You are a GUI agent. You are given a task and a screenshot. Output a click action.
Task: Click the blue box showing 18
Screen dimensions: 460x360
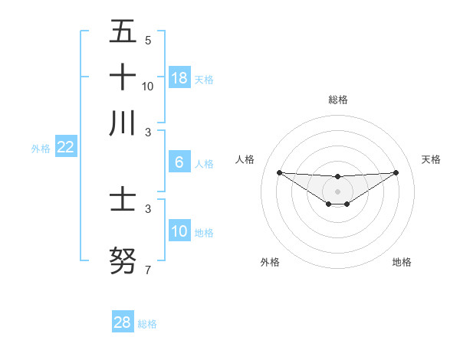tap(179, 77)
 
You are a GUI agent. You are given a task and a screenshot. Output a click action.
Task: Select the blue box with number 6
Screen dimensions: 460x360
tap(179, 162)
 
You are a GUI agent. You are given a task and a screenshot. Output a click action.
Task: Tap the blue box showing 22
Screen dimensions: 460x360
tap(65, 147)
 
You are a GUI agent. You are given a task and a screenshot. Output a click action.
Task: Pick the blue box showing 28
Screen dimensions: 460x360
tap(123, 322)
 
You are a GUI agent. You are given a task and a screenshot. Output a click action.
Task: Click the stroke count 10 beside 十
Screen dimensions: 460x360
tap(147, 86)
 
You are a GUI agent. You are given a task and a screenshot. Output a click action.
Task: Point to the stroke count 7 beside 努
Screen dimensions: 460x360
tap(147, 270)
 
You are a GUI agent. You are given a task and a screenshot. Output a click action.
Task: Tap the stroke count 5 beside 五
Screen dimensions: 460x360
tap(147, 40)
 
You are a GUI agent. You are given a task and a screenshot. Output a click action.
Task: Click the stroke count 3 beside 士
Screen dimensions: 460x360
tap(147, 208)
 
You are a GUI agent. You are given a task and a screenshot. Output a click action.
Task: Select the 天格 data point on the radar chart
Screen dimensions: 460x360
tap(396, 172)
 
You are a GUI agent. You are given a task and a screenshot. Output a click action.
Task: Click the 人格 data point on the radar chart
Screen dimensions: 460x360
tap(279, 172)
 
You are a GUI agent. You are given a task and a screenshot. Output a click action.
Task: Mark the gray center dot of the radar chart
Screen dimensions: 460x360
tap(337, 191)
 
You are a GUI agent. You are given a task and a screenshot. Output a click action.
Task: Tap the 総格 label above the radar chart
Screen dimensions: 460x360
tap(337, 100)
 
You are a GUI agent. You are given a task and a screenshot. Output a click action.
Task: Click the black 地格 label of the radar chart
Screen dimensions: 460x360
tap(402, 262)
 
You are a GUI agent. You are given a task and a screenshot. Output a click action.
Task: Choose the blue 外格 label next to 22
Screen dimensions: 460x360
tap(40, 149)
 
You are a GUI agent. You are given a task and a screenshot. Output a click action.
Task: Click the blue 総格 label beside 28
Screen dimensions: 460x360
tap(147, 324)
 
